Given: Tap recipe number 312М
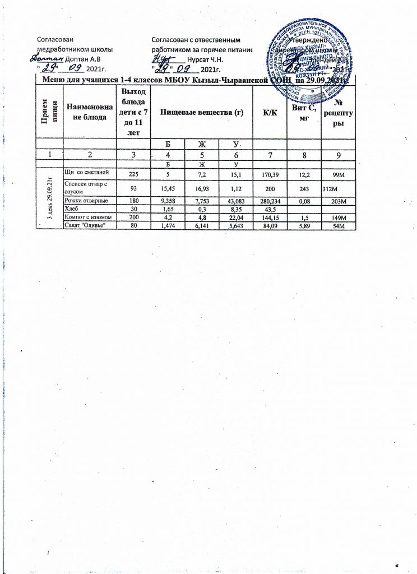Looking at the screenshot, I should pos(331,188).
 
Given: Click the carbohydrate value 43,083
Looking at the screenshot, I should pos(235,200).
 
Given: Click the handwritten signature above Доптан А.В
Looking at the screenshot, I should pos(47,57).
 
